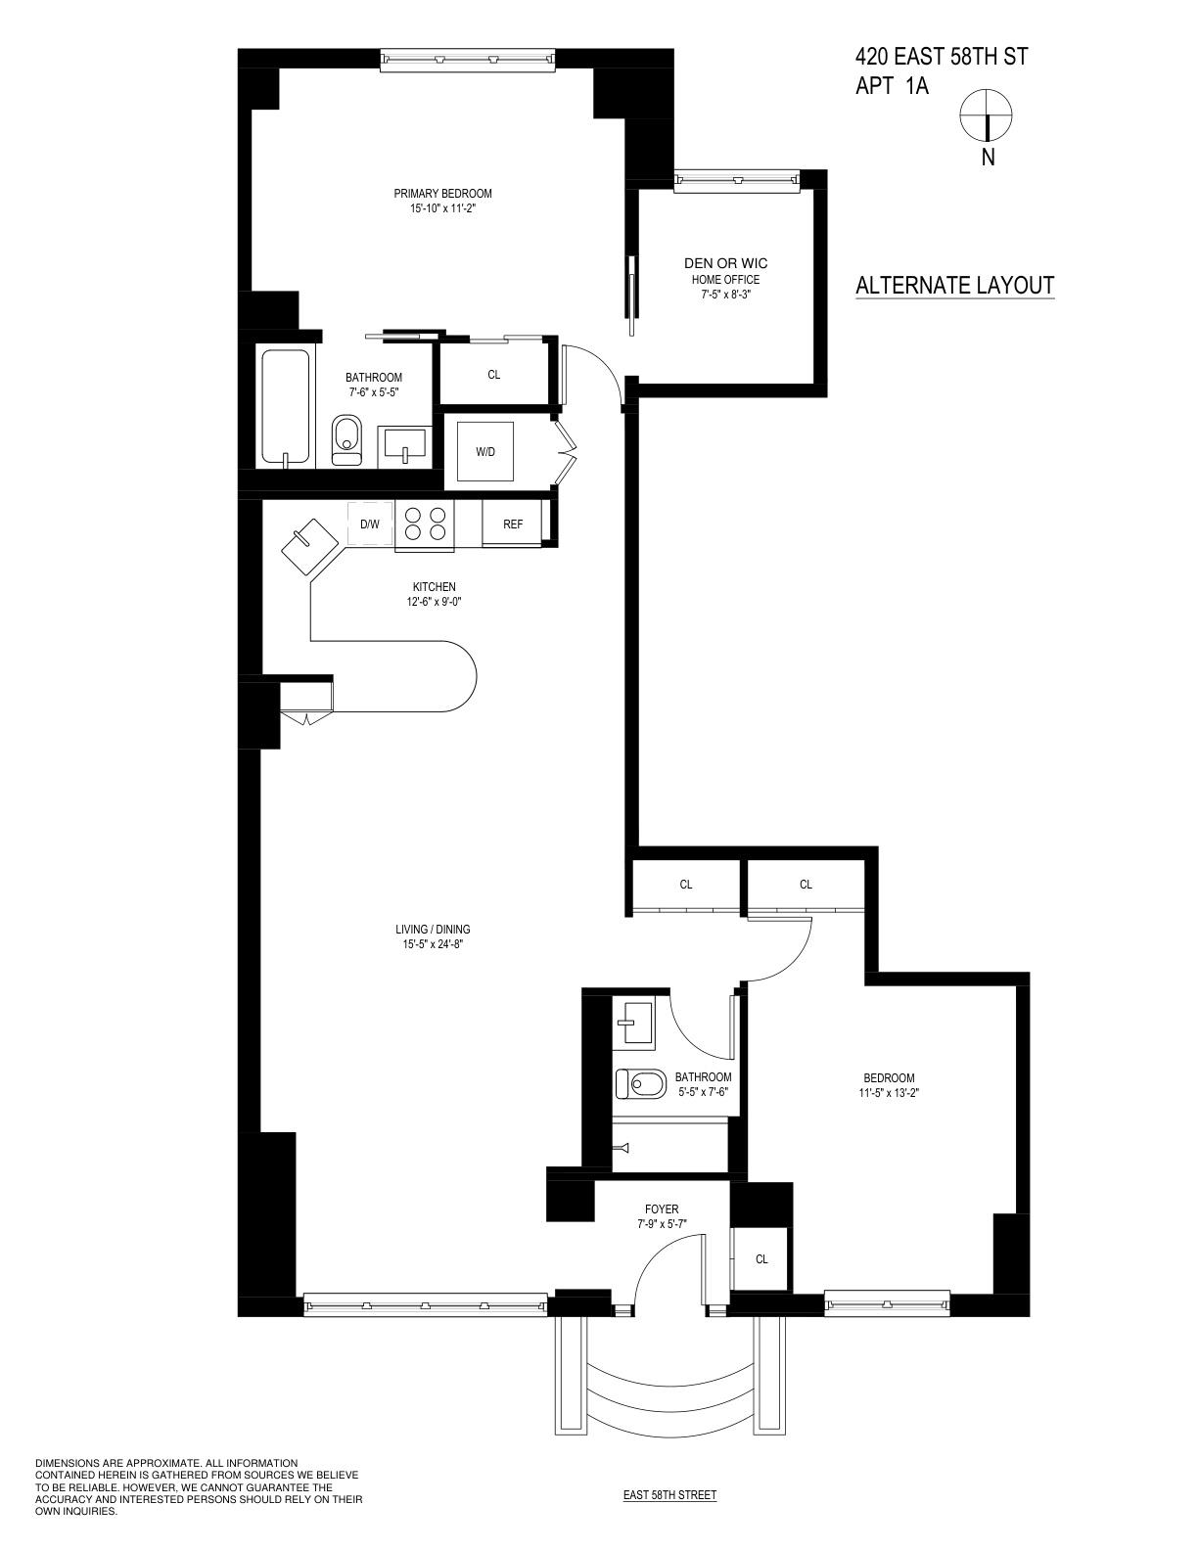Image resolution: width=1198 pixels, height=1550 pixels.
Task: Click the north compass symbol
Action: point(987,114)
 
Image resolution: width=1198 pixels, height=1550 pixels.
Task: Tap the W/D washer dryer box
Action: point(485,452)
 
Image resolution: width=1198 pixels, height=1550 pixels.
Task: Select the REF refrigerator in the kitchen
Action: point(513,524)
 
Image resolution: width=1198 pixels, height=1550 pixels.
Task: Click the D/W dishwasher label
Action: point(369,524)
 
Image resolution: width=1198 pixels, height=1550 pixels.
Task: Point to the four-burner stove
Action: point(425,524)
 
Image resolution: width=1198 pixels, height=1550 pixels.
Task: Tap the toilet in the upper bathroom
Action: point(346,439)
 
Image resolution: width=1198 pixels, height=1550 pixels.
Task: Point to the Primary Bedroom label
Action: point(442,194)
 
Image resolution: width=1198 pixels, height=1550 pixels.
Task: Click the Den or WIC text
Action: point(725,263)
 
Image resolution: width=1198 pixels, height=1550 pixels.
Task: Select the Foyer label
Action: point(662,1209)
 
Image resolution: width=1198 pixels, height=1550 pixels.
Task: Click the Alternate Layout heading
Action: point(954,286)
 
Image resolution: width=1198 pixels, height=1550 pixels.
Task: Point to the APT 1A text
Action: point(891,86)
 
